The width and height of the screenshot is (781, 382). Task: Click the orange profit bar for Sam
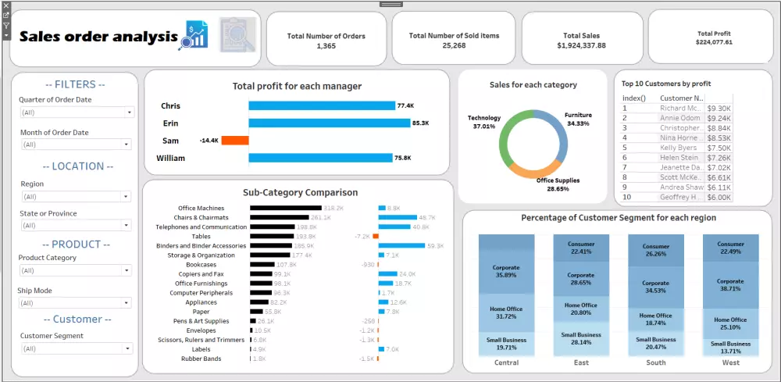[234, 141]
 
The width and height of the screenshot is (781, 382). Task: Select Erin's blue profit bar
[329, 123]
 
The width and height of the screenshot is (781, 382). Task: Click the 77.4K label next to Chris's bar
[405, 105]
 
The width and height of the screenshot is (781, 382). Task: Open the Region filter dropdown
[76, 197]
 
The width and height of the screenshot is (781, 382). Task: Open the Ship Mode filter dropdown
[76, 302]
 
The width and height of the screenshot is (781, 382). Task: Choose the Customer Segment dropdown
[76, 348]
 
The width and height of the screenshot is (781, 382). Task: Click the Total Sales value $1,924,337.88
[581, 46]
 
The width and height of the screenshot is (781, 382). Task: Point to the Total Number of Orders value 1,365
[326, 46]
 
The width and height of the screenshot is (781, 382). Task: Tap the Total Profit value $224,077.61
[714, 42]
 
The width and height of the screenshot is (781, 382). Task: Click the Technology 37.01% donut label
[484, 122]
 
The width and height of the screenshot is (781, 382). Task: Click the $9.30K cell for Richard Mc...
[719, 109]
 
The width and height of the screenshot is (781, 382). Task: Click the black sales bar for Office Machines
[285, 209]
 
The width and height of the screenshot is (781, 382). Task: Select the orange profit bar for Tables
[376, 236]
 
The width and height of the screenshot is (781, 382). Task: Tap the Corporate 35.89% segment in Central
[506, 271]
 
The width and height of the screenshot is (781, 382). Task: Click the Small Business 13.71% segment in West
[731, 346]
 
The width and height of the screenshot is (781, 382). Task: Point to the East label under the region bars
[581, 362]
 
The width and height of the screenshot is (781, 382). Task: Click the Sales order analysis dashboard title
[98, 37]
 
